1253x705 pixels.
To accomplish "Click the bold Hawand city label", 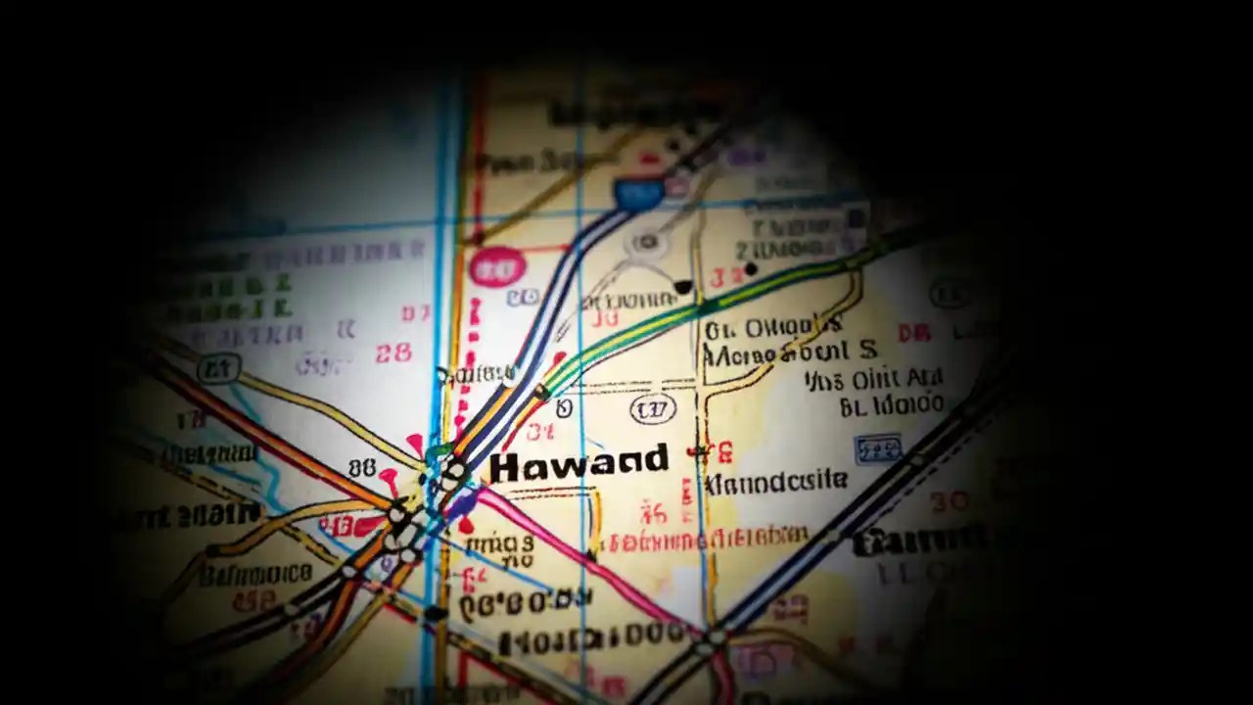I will pos(579,464).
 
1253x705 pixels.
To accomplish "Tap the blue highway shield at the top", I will pos(637,193).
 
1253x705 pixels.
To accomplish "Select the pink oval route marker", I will pos(497,266).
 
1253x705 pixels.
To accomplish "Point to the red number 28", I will pos(394,352).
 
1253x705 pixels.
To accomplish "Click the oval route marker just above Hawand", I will pos(653,407).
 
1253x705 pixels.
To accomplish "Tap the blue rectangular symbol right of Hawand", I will pos(877,448).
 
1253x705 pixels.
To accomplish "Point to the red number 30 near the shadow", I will pos(949,501).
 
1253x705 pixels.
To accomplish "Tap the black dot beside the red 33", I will pos(751,268).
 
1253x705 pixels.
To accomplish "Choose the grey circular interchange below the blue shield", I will pos(646,242).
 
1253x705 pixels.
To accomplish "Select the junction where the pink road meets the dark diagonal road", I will pos(716,637).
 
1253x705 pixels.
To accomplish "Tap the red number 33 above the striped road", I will pos(726,277).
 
